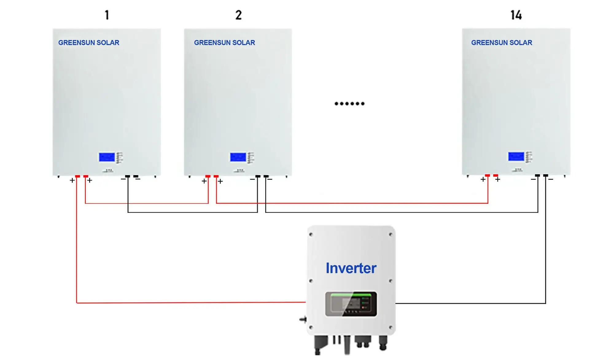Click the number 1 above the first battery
[x=107, y=15]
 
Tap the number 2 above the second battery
[x=239, y=15]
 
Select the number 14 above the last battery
[x=516, y=15]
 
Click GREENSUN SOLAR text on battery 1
[x=89, y=43]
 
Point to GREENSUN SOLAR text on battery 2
[x=224, y=43]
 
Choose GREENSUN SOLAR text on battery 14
[x=502, y=43]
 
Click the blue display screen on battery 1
[x=107, y=157]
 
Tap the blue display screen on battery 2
[x=238, y=157]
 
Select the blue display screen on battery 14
[x=516, y=157]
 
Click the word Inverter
[x=351, y=268]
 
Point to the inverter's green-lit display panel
[x=351, y=304]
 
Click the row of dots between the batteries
[x=349, y=104]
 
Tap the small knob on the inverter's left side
[x=303, y=320]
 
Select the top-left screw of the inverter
[x=311, y=235]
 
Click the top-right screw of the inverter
[x=391, y=235]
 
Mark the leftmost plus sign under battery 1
[x=72, y=180]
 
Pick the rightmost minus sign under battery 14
[x=551, y=179]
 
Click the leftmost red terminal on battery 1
[x=78, y=176]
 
